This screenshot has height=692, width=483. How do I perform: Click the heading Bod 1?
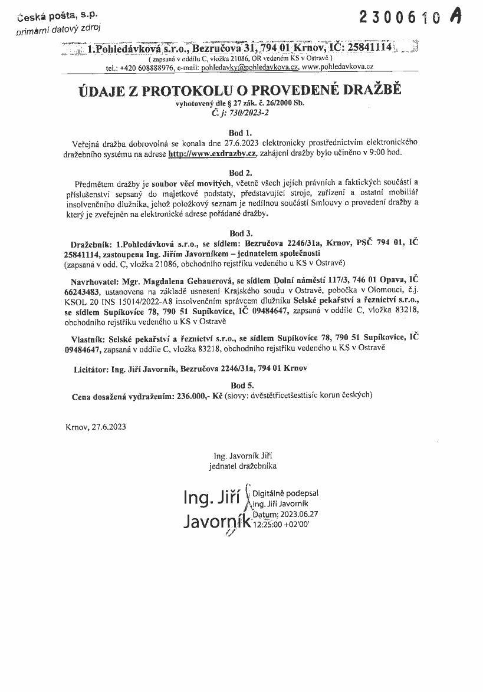point(241,133)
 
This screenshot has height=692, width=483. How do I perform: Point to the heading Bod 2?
point(241,173)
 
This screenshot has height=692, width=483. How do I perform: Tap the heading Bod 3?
point(241,233)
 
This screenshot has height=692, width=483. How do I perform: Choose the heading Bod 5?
point(241,385)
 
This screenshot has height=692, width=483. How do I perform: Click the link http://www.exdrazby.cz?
point(211,153)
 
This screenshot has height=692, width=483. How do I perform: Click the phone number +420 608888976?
point(147,68)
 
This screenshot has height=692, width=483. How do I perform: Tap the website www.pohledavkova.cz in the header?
point(337,68)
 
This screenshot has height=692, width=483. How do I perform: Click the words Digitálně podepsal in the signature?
point(285,493)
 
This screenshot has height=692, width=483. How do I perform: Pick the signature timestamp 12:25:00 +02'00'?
point(280,523)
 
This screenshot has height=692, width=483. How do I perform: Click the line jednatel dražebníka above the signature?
point(242,466)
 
